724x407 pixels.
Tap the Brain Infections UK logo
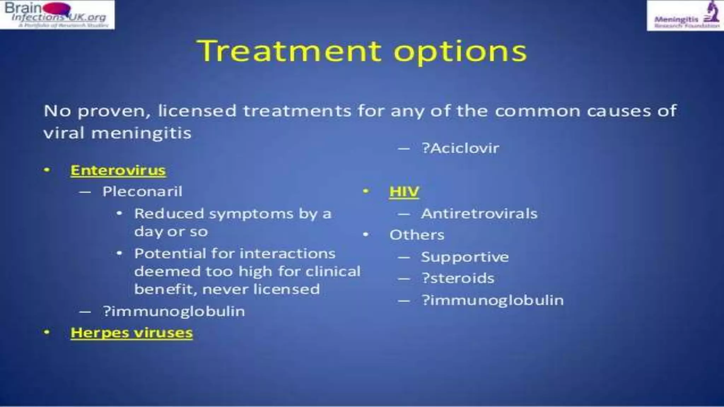[x=57, y=15]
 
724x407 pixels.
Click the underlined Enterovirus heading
[x=118, y=170]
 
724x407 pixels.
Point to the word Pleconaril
[x=142, y=191]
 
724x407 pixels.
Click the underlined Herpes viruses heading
[x=132, y=333]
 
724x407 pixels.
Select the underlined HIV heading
[x=404, y=192]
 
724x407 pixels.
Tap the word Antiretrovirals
[x=479, y=214]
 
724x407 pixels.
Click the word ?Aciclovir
[x=460, y=148]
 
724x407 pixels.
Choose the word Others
[x=417, y=235]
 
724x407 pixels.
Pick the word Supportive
[x=465, y=257]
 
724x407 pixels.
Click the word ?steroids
[x=458, y=278]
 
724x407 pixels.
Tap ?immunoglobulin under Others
[x=492, y=300]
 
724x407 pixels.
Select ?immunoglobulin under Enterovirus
[x=174, y=311]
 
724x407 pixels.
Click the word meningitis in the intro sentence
[x=141, y=134]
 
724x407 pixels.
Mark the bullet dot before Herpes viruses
[x=47, y=332]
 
